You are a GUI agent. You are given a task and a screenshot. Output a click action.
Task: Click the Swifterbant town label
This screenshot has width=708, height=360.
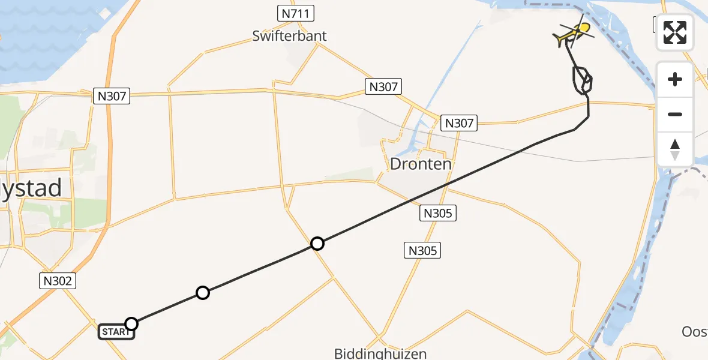pos(289,35)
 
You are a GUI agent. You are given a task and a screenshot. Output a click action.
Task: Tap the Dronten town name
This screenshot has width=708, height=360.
pos(420,163)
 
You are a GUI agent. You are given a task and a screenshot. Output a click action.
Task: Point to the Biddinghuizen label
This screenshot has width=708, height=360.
pos(380,353)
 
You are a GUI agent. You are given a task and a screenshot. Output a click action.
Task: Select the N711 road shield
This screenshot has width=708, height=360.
pos(295,13)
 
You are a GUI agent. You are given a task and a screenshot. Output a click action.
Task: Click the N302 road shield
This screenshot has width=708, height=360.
pos(58,280)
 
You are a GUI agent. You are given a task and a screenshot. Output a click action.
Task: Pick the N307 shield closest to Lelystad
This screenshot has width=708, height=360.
pos(112,95)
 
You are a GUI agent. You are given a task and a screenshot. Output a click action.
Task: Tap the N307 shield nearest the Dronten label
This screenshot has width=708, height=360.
pos(458,123)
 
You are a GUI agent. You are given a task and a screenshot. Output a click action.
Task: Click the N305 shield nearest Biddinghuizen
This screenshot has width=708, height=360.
pos(422,250)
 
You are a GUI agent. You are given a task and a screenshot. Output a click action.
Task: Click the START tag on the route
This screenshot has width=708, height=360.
pos(116,331)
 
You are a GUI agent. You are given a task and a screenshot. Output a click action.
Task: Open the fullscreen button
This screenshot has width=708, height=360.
pos(675,32)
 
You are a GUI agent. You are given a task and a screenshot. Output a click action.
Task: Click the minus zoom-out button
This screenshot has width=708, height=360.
pos(675,114)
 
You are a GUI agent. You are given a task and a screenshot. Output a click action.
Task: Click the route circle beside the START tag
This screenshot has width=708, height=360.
pos(131,324)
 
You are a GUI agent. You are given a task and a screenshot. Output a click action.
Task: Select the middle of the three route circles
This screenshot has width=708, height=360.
pos(203,293)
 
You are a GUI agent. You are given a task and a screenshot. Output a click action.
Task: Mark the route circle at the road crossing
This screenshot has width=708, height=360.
pos(317,243)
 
